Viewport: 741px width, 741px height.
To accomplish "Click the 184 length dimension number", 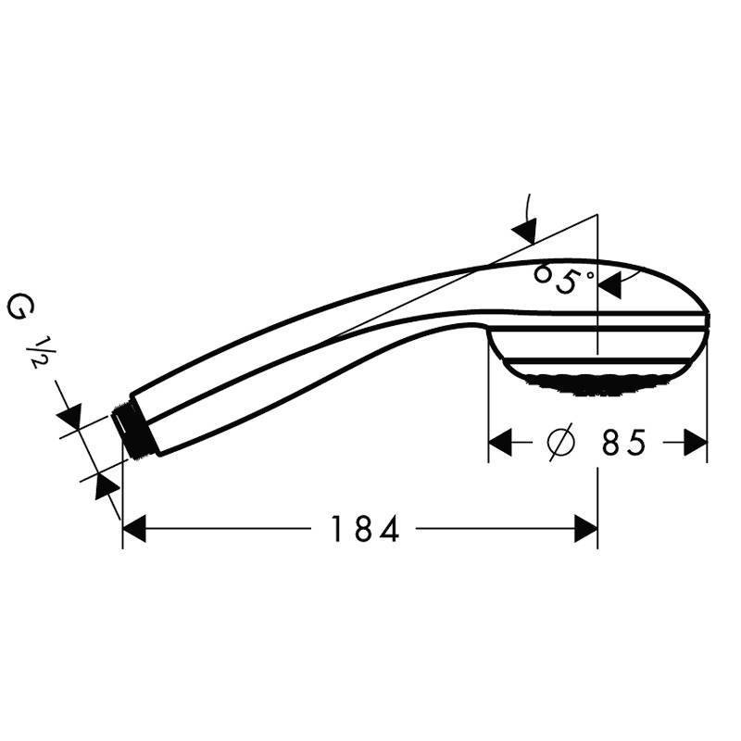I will pyautogui.click(x=365, y=529).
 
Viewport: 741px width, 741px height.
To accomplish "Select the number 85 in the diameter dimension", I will pyautogui.click(x=623, y=444).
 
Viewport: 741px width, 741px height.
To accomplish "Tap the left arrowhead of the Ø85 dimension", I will pyautogui.click(x=500, y=444).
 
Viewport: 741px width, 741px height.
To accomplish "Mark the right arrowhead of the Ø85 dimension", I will pyautogui.click(x=696, y=444).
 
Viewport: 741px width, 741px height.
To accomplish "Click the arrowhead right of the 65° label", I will pyautogui.click(x=609, y=286).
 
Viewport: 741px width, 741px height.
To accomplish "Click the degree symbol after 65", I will pyautogui.click(x=588, y=270).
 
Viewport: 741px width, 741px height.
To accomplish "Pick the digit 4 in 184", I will pyautogui.click(x=388, y=529).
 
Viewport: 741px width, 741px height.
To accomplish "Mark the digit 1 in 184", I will pyautogui.click(x=339, y=529).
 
